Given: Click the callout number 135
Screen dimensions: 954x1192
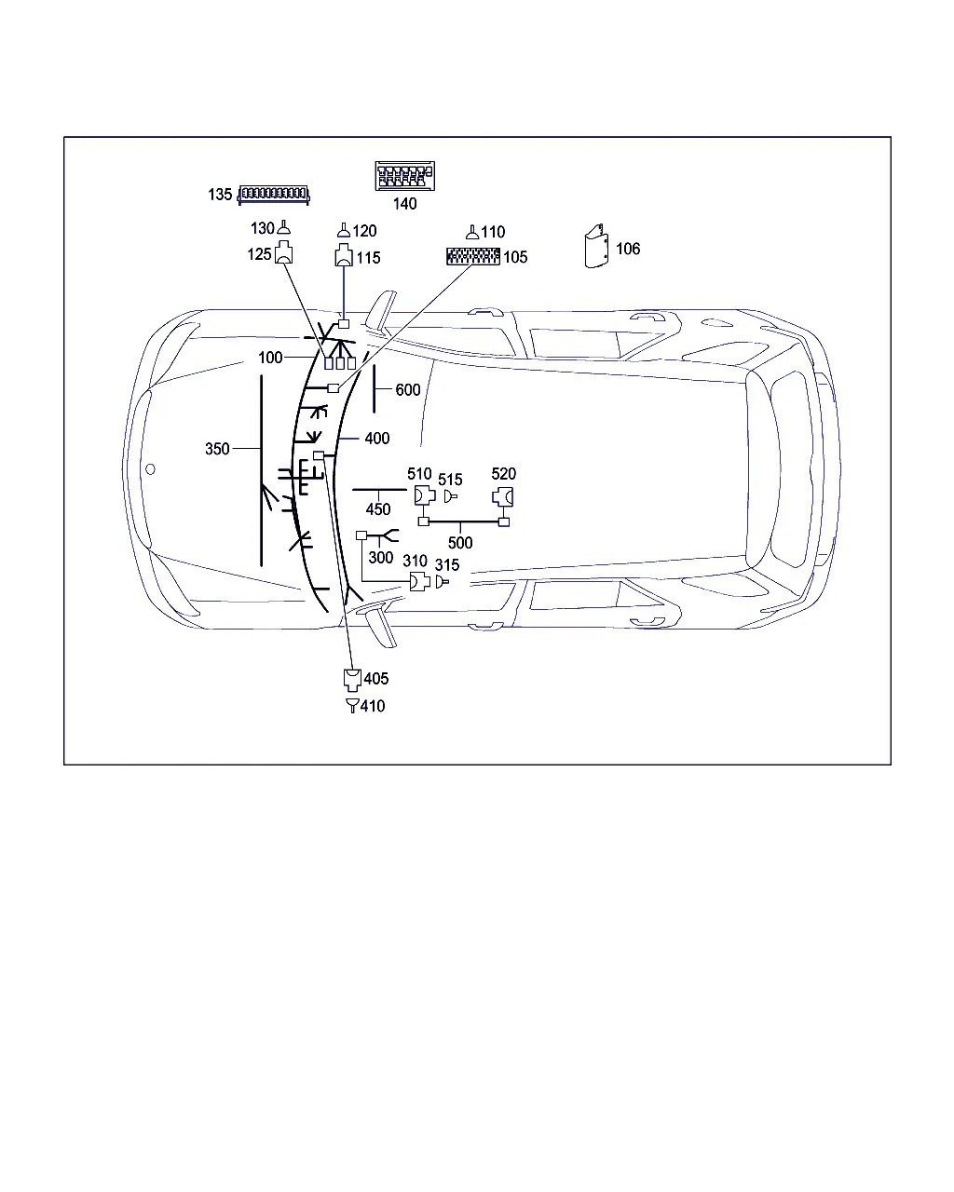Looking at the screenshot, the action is pos(220,195).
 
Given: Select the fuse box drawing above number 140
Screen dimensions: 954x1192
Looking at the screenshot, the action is pos(404,176).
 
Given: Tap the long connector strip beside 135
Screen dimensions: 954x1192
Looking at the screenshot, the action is pos(273,195).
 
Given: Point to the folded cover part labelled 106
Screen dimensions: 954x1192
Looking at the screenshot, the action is pos(596,246).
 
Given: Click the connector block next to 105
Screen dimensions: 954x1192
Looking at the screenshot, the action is pos(473,256).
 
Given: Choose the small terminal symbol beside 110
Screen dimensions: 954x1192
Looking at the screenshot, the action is pos(471,232).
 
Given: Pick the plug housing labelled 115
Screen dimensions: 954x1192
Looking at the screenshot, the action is pos(344,255).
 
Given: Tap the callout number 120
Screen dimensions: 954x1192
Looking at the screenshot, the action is pos(365,231).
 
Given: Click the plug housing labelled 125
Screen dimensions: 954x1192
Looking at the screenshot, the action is pos(284,252).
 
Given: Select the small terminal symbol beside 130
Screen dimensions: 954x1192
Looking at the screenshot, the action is pos(284,227).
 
